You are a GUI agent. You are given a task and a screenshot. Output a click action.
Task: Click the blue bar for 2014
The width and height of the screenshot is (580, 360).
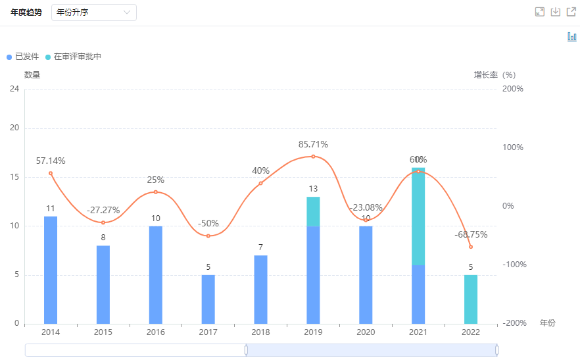point(51,270)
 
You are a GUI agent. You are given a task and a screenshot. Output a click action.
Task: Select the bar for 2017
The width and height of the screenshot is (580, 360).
point(208,299)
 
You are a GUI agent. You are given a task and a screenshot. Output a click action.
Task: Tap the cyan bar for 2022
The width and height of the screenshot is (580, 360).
point(470,299)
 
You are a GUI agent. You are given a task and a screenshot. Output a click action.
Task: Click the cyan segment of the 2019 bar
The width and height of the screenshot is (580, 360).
point(313,211)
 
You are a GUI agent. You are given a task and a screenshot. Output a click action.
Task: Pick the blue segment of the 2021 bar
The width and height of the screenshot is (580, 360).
point(418,294)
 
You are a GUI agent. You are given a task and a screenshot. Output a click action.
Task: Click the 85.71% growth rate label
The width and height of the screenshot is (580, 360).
point(313,145)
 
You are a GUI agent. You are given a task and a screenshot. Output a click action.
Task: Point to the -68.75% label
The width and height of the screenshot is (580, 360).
point(471,234)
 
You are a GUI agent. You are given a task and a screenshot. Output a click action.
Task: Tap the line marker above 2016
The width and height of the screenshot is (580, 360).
point(156,192)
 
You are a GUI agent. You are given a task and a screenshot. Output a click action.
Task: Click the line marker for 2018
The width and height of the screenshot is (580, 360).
point(260,183)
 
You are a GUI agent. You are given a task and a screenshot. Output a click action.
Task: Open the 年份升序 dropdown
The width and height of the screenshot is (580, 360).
point(93,13)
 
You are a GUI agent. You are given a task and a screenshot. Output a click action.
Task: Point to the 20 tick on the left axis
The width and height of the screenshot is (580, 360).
point(14,128)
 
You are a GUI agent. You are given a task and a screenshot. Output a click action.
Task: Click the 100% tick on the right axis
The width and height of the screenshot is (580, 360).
point(512,147)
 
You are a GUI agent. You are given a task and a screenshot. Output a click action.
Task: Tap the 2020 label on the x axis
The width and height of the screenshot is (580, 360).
point(366,333)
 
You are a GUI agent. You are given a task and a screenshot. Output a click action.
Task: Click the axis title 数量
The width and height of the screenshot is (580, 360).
point(32,75)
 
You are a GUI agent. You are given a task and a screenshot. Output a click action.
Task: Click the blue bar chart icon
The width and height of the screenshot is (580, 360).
point(571,37)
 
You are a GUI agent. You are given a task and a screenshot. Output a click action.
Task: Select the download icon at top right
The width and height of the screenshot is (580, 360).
point(556,12)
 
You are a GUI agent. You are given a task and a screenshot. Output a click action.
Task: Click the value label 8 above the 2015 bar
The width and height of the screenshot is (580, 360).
point(103,237)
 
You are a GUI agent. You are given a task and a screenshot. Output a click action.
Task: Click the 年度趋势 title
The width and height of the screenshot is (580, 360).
point(26,13)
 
